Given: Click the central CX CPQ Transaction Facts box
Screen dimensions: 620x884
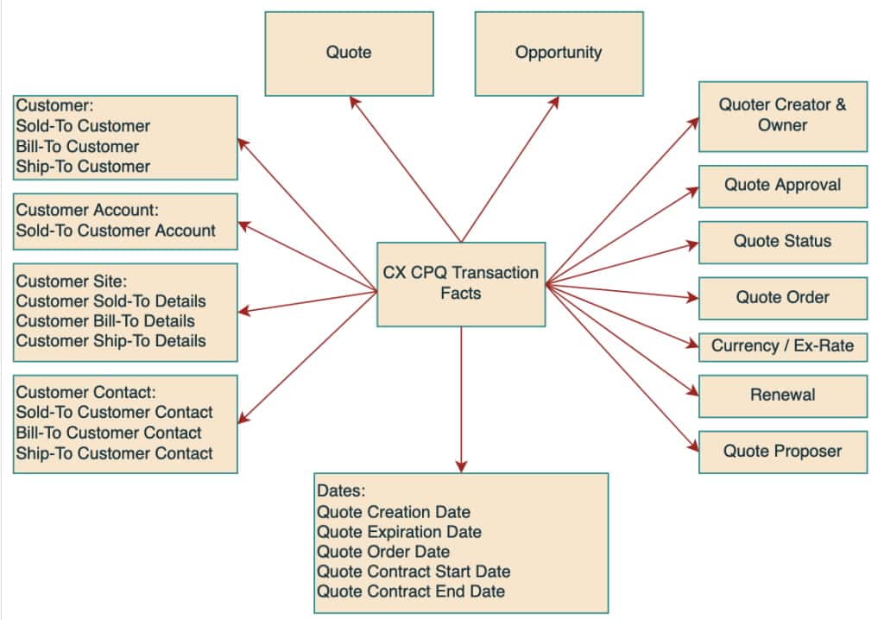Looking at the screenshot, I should pyautogui.click(x=461, y=284).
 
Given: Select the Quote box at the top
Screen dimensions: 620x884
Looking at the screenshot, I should pyautogui.click(x=349, y=53).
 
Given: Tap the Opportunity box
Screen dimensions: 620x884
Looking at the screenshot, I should pyautogui.click(x=559, y=53).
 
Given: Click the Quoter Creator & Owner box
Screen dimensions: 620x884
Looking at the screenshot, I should pyautogui.click(x=782, y=116).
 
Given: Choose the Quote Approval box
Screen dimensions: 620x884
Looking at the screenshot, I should pyautogui.click(x=782, y=186).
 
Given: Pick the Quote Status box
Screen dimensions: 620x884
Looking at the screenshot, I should pyautogui.click(x=782, y=242).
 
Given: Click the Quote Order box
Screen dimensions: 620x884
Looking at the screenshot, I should pyautogui.click(x=782, y=298).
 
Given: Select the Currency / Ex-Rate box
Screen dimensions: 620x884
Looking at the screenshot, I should pyautogui.click(x=782, y=346).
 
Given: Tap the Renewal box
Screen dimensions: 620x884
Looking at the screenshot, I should pyautogui.click(x=782, y=395).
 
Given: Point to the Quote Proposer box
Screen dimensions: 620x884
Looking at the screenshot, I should pyautogui.click(x=782, y=451).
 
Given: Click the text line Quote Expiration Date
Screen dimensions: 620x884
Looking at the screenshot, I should pyautogui.click(x=399, y=532).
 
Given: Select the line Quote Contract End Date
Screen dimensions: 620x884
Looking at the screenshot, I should pyautogui.click(x=410, y=592).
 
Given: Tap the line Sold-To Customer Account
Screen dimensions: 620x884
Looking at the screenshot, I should pyautogui.click(x=116, y=231).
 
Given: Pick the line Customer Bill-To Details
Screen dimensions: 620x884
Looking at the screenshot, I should pyautogui.click(x=105, y=320).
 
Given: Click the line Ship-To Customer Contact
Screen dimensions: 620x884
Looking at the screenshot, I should pyautogui.click(x=114, y=453).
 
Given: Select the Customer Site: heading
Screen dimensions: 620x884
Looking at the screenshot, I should pyautogui.click(x=70, y=281).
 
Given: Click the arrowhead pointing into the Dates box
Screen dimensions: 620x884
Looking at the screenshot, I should pyautogui.click(x=461, y=466).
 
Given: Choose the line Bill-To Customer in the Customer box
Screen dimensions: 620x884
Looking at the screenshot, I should pyautogui.click(x=77, y=147).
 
